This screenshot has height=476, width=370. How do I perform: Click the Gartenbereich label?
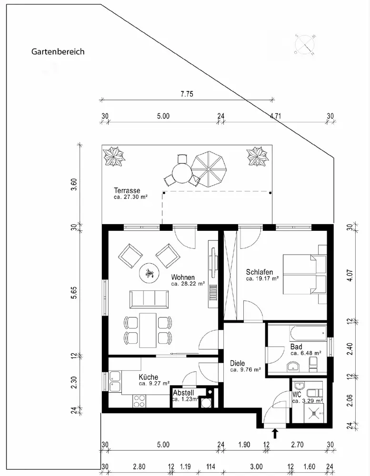58,51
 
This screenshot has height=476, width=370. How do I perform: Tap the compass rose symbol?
305,45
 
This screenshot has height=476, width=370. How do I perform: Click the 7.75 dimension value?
187,94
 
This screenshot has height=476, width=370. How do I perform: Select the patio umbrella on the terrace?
209,169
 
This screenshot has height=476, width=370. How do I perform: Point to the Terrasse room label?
127,190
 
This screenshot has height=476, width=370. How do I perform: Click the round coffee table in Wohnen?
149,273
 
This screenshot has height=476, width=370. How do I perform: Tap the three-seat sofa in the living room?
149,299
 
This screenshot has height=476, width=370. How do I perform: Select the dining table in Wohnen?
148,330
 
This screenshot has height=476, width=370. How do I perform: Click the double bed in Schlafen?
304,275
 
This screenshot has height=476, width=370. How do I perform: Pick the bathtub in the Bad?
308,334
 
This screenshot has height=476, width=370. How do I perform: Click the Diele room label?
237,363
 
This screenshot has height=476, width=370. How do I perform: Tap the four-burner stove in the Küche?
140,401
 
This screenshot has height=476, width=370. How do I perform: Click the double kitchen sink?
115,381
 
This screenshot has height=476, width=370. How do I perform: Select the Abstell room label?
183,393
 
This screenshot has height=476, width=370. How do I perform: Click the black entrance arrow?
275,434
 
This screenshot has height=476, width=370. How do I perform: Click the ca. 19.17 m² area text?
262,278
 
